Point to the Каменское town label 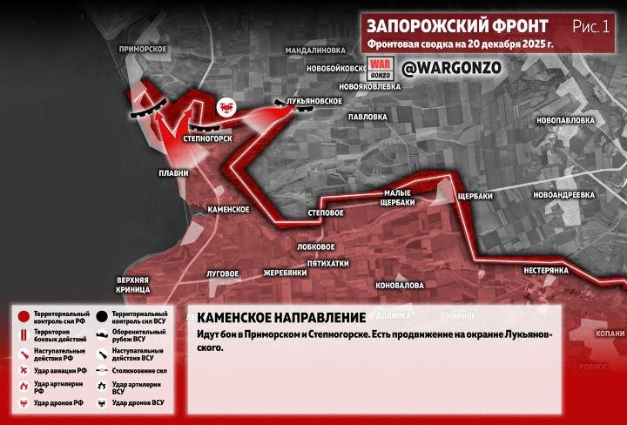(x=229, y=209)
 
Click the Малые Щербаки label (x=402, y=198)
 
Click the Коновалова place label (x=399, y=285)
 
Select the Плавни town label (x=173, y=172)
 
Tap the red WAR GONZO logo (x=380, y=67)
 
